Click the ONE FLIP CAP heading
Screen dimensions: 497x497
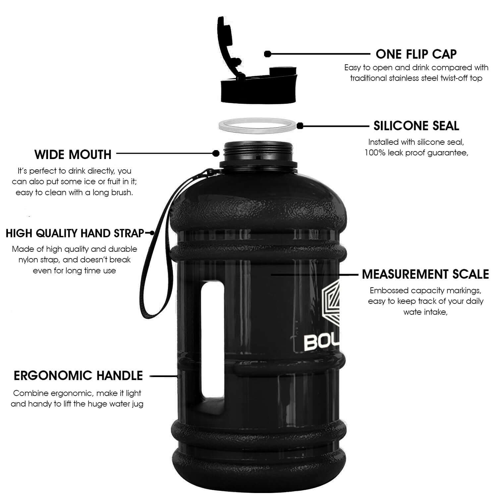click(x=416, y=54)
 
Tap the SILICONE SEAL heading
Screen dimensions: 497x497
click(x=416, y=126)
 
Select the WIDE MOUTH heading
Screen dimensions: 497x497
click(x=73, y=154)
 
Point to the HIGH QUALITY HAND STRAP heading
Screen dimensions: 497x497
click(x=75, y=233)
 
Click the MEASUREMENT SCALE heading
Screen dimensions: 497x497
click(x=425, y=274)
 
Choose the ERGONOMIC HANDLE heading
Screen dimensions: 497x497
click(x=78, y=376)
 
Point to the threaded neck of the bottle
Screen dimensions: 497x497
click(x=258, y=152)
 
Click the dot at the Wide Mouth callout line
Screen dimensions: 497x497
click(x=216, y=153)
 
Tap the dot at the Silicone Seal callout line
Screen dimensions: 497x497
click(x=300, y=126)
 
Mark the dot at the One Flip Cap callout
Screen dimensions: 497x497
click(x=268, y=54)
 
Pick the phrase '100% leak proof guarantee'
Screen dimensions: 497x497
click(x=416, y=153)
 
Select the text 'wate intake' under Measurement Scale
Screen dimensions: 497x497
click(x=425, y=312)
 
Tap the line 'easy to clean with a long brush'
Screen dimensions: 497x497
click(x=74, y=193)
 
